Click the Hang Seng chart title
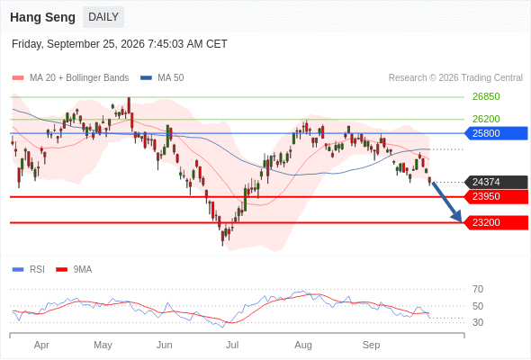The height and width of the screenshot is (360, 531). click(42, 17)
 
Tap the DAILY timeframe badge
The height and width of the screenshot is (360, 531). click(103, 17)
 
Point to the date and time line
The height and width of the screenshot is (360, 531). click(120, 44)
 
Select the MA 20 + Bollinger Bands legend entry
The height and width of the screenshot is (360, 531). click(70, 78)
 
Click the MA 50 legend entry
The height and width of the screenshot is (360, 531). click(162, 78)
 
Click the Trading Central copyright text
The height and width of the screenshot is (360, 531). click(455, 78)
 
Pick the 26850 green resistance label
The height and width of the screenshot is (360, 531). click(486, 97)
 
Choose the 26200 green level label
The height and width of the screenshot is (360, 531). click(486, 119)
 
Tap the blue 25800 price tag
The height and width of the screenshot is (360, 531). click(496, 133)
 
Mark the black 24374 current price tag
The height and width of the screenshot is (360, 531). click(496, 182)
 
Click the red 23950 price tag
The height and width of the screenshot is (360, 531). click(496, 197)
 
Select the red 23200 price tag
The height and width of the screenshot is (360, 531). click(496, 223)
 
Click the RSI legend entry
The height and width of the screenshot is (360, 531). click(29, 270)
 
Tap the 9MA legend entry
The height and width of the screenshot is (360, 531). click(74, 270)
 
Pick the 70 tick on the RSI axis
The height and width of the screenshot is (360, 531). click(478, 289)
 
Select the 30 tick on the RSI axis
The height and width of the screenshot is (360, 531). click(478, 322)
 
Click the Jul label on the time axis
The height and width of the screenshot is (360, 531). click(232, 345)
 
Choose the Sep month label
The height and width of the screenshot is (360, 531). click(371, 346)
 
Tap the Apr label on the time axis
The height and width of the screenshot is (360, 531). click(41, 346)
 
